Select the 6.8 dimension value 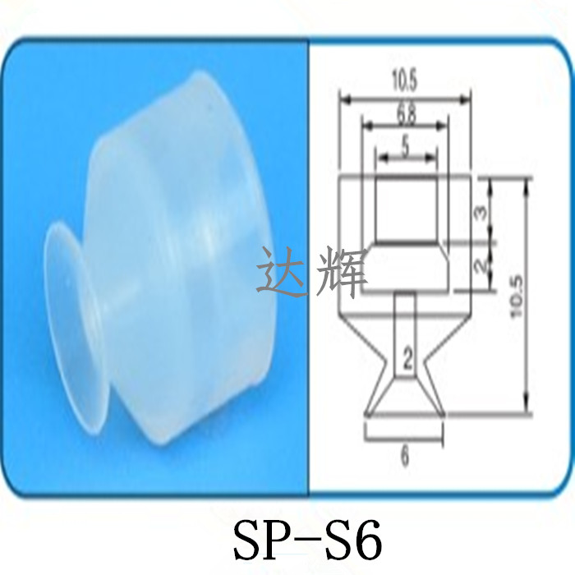(405, 113)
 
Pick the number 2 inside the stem (406, 356)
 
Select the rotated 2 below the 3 (483, 265)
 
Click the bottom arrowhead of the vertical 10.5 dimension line (527, 410)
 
